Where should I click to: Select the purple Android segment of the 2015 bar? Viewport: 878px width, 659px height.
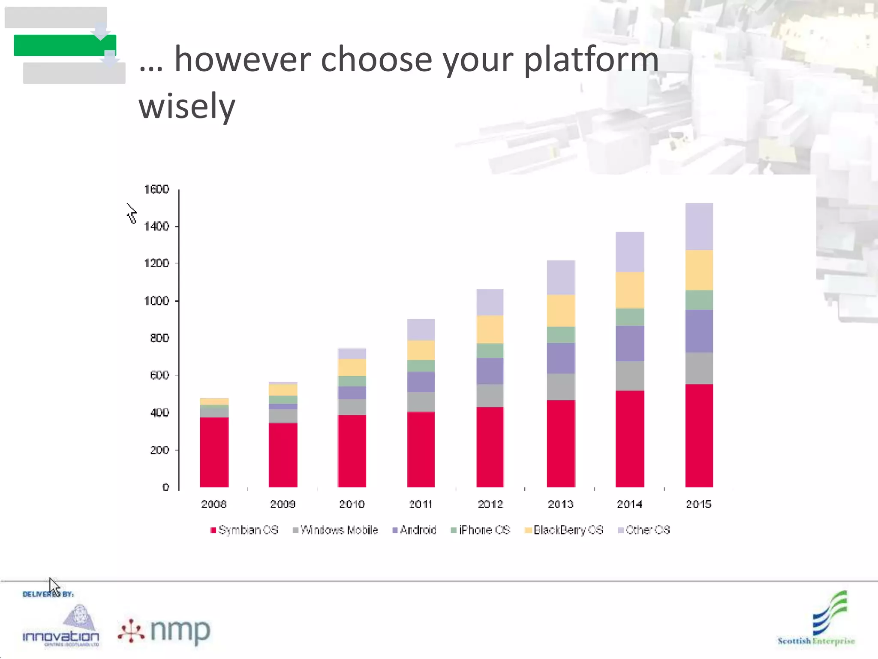click(699, 331)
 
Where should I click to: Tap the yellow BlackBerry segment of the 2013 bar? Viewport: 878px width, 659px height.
click(561, 311)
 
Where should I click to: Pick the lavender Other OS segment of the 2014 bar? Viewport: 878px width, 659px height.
click(630, 252)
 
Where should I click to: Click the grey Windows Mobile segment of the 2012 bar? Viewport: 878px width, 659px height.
click(490, 396)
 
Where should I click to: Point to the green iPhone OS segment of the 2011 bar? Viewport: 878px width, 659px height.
click(421, 366)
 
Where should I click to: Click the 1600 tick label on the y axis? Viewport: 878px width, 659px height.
click(156, 189)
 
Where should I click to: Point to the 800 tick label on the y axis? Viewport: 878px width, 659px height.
click(159, 338)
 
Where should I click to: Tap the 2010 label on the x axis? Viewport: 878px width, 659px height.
click(352, 504)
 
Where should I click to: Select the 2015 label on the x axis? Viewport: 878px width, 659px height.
click(698, 504)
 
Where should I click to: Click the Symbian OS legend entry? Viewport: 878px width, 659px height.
click(244, 530)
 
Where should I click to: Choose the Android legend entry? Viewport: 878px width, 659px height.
click(415, 530)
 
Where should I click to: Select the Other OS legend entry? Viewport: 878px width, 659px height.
click(644, 530)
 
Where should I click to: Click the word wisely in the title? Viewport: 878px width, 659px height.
click(187, 106)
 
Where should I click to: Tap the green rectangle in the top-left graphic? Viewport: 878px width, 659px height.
click(64, 45)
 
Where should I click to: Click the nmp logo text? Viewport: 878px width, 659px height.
click(180, 631)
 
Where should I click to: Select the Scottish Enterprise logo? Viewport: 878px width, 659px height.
click(816, 620)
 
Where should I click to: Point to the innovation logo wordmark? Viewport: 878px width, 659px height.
click(60, 636)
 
